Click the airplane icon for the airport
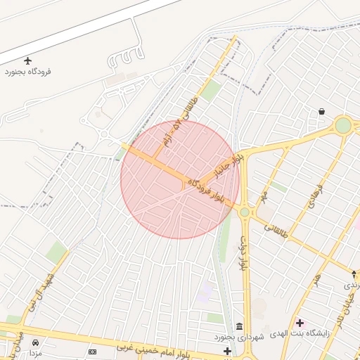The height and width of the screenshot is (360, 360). pos(28,61)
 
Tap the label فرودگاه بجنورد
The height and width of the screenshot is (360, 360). pos(28,72)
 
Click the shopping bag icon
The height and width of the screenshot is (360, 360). pos(321,111)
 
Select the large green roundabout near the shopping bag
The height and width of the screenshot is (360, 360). pos(343,125)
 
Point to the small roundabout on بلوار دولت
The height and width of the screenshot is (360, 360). pos(245,212)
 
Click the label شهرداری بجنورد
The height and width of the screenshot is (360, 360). pos(240,338)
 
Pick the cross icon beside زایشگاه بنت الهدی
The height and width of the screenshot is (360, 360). pos(300,323)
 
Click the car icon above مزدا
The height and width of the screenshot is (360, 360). pos(35,342)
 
